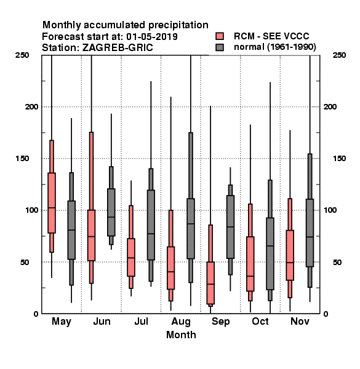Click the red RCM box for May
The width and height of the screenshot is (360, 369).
(x=52, y=203)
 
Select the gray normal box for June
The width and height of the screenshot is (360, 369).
(x=111, y=212)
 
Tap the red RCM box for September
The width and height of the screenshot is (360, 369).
(x=210, y=283)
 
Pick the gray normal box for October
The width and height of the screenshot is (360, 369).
(x=270, y=253)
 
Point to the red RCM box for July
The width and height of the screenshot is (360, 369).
(x=131, y=258)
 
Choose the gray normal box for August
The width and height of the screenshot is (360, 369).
(x=191, y=229)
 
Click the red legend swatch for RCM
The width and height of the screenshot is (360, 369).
(x=220, y=36)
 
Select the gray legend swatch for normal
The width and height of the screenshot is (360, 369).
(x=220, y=47)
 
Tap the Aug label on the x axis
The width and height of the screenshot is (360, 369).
(x=181, y=322)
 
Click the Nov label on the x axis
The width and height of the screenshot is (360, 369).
(x=300, y=321)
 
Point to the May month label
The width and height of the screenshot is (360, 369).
(x=62, y=322)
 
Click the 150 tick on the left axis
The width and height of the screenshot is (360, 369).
(x=22, y=159)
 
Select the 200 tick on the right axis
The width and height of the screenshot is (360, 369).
(x=330, y=106)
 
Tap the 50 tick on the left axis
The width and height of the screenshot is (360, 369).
(x=25, y=262)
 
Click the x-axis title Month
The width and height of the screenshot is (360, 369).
(x=181, y=335)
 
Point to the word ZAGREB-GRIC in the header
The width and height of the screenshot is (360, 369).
(x=118, y=48)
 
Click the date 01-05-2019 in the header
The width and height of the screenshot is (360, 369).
(x=152, y=37)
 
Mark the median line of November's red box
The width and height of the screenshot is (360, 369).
(x=290, y=263)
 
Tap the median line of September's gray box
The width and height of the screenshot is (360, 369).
(x=230, y=227)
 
